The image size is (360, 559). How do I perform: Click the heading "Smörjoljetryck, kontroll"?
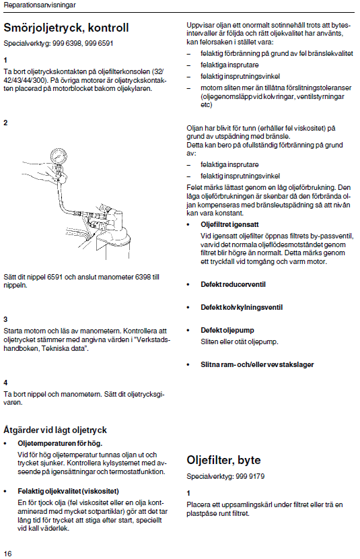tap(66, 28)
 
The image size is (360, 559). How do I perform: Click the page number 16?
tap(7, 554)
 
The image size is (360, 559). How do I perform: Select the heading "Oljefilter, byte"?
tap(223, 460)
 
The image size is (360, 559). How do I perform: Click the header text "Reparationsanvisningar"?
tap(40, 5)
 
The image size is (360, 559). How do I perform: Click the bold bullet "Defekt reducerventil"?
tap(233, 284)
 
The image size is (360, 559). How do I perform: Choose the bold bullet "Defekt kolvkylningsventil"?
tap(242, 307)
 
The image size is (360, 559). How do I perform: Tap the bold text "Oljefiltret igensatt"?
tap(229, 224)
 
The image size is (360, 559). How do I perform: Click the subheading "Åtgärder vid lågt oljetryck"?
tap(55, 430)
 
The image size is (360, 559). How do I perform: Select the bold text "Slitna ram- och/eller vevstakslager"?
tap(257, 365)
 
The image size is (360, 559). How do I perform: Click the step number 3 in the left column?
tap(5, 319)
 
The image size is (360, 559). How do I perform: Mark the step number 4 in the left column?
tap(5, 383)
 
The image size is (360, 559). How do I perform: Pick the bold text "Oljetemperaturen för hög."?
tap(60, 443)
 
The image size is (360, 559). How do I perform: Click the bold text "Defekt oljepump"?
tap(227, 330)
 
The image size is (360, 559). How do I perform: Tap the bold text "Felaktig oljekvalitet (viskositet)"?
tap(69, 491)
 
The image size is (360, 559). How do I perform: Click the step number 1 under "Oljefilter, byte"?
tap(188, 494)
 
